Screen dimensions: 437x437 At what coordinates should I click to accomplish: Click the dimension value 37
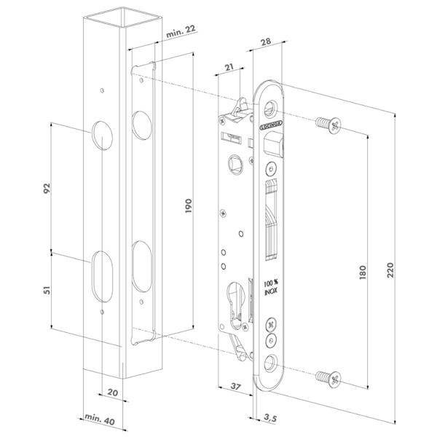(235, 386)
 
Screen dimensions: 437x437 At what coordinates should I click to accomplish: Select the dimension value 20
(112, 390)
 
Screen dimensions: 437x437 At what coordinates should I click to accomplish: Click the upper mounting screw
(326, 125)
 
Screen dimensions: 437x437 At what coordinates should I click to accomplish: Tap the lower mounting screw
(326, 378)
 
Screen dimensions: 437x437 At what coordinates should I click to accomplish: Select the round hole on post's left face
(103, 136)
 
